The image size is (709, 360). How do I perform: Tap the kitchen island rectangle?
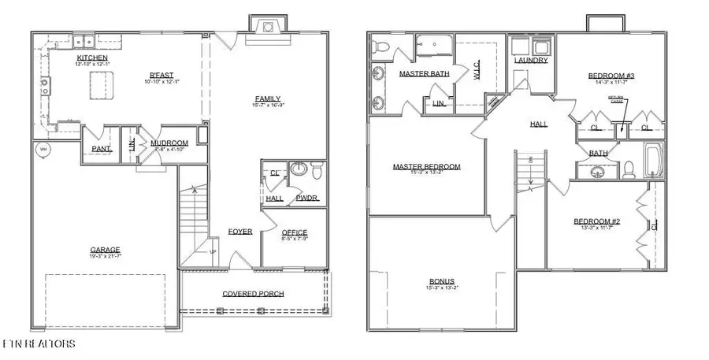100,85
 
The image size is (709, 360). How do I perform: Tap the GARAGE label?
105,250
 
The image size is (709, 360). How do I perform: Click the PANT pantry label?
101,148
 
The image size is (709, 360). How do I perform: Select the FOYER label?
240,232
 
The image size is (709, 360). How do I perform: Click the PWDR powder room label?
307,199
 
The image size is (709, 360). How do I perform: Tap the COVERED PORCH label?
253,294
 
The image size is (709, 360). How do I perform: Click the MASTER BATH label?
424,73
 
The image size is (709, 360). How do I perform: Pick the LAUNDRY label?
531,60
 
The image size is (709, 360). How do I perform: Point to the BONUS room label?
441,281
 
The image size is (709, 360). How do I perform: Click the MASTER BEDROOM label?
427,166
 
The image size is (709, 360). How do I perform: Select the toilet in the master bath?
377,49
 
